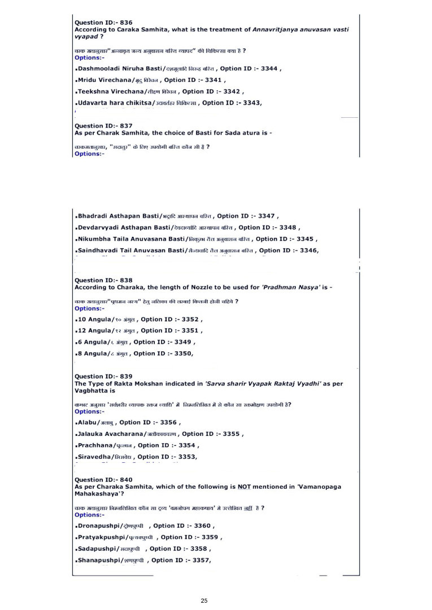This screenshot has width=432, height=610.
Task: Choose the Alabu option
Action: pos(87,422)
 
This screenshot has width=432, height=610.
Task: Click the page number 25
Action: pos(204,601)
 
